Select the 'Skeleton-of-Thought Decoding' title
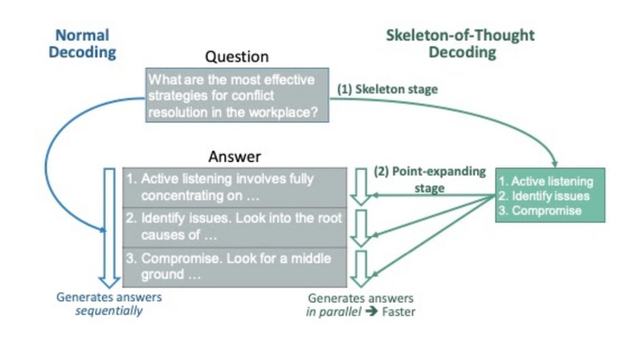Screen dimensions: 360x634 tap(460, 43)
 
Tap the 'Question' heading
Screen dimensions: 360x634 tap(231, 56)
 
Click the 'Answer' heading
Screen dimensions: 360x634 tap(234, 157)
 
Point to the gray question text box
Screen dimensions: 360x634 tap(237, 94)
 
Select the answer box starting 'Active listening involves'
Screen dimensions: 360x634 tap(233, 186)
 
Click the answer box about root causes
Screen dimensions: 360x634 tap(233, 226)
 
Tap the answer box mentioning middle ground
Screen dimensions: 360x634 tap(233, 267)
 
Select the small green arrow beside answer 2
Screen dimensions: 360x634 tap(361, 226)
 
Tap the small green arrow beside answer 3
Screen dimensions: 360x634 tap(361, 268)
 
